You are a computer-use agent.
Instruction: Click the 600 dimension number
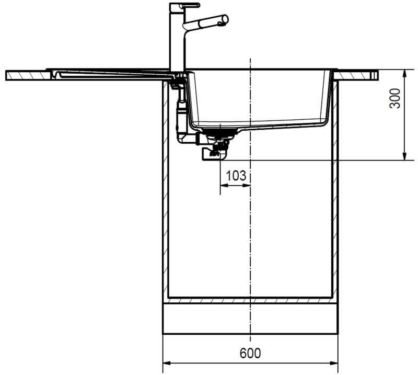coord(250,353)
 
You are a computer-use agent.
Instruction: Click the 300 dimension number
coord(395,98)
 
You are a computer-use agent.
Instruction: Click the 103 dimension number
coord(236,176)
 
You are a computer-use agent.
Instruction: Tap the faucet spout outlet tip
coord(225,20)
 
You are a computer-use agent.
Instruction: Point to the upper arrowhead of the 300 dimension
coord(404,74)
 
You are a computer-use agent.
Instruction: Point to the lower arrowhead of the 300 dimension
coord(404,156)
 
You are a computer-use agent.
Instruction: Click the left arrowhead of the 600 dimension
coord(167,363)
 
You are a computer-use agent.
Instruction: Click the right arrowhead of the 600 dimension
coord(333,363)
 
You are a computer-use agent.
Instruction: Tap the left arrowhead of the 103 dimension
coord(224,185)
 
